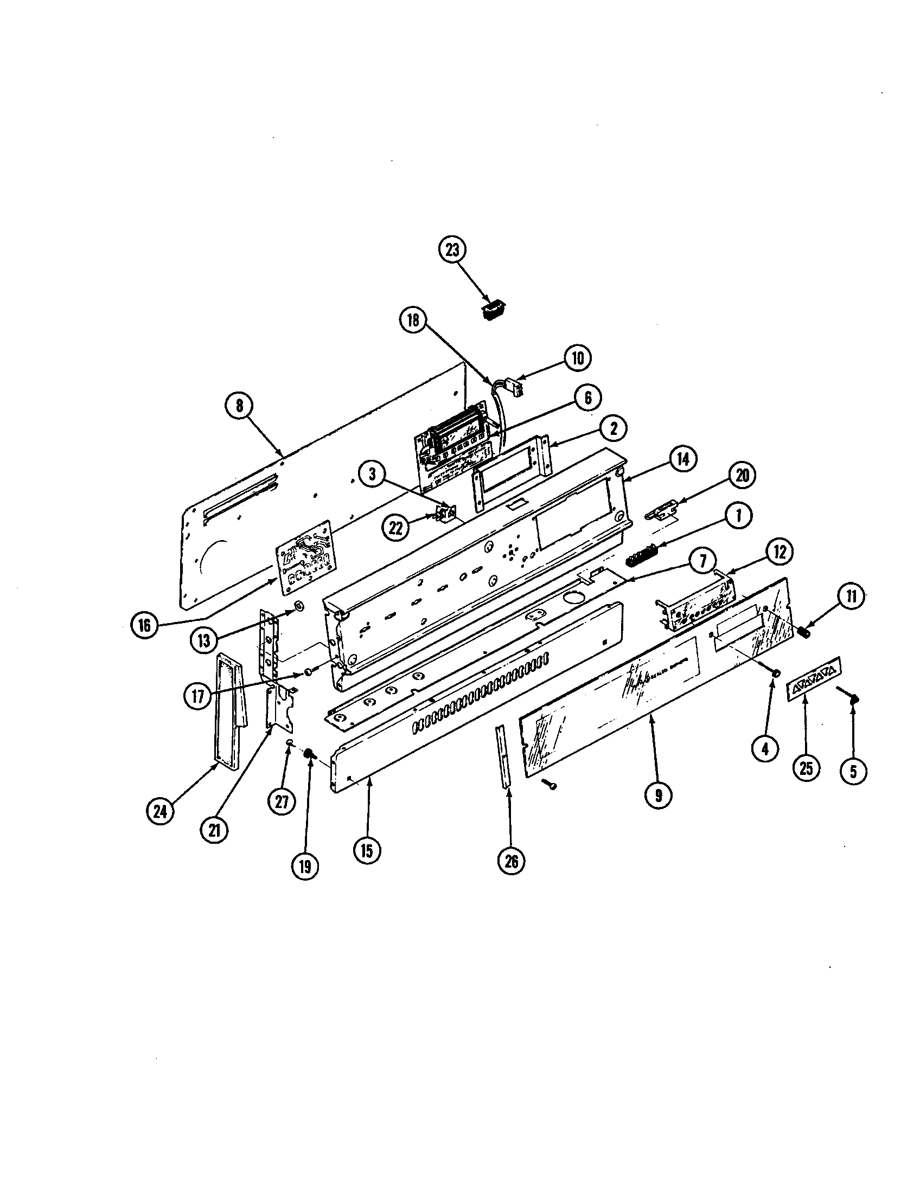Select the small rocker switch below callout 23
click(493, 312)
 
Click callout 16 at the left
click(144, 625)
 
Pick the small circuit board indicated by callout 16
click(306, 556)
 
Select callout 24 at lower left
click(160, 827)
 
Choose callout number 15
click(366, 850)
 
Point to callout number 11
click(852, 596)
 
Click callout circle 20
click(742, 475)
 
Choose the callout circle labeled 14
click(682, 459)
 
